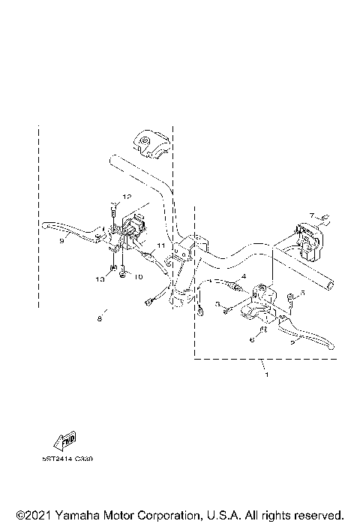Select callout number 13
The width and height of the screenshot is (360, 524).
(99, 278)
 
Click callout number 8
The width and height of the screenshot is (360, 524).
(99, 318)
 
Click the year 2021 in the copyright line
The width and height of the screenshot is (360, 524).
(32, 513)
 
